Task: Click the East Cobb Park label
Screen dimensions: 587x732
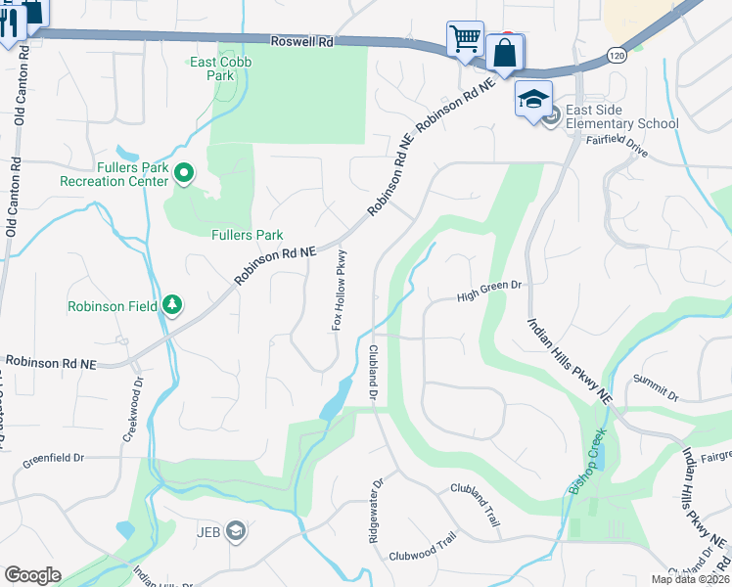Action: [x=213, y=68]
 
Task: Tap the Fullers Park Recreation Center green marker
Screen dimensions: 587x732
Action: [x=184, y=174]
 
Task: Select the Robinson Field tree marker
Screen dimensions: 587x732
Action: [x=172, y=305]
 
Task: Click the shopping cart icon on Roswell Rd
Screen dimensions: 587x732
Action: [x=465, y=39]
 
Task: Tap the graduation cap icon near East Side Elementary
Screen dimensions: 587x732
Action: [x=533, y=99]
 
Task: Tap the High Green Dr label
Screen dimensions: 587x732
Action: [x=491, y=286]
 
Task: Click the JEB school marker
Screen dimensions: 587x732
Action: [x=235, y=530]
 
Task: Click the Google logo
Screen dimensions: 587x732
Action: [x=32, y=575]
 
